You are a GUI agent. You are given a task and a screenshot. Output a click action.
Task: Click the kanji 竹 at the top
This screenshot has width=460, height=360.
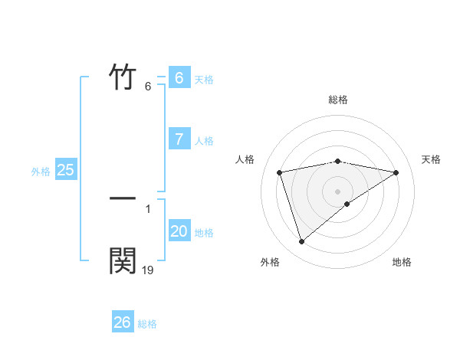(x=123, y=77)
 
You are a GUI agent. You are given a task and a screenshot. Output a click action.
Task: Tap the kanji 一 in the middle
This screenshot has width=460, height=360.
(x=123, y=198)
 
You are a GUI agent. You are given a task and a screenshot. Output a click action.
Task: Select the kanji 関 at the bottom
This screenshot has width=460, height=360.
(x=123, y=260)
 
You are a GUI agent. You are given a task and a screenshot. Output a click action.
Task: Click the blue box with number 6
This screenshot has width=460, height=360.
(x=179, y=78)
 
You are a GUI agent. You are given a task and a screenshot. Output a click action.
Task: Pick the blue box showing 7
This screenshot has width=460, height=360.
(x=179, y=139)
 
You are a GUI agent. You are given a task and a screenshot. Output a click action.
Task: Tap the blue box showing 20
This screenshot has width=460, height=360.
(x=179, y=231)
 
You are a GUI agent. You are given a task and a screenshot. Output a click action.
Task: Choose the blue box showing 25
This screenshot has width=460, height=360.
(x=65, y=170)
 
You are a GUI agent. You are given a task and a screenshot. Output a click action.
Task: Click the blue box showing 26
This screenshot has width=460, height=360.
(x=122, y=322)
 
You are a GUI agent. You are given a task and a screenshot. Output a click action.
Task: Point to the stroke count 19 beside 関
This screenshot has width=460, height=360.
(x=148, y=270)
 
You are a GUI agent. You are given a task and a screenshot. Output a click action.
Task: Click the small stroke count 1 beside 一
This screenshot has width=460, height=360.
(x=148, y=208)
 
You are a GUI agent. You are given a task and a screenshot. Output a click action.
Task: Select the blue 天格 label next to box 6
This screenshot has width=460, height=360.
(x=204, y=80)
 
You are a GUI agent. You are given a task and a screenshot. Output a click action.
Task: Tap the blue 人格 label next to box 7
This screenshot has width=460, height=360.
(x=204, y=141)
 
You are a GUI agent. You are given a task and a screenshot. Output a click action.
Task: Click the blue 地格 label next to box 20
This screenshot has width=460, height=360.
(x=204, y=233)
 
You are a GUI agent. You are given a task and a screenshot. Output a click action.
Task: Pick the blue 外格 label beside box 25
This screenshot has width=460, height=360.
(x=41, y=172)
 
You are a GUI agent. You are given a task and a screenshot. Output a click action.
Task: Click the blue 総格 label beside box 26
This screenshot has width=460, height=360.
(x=147, y=324)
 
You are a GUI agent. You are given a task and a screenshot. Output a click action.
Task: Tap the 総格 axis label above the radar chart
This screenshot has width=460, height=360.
(x=338, y=100)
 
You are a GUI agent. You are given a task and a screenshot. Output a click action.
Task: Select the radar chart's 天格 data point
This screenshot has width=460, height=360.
(x=396, y=172)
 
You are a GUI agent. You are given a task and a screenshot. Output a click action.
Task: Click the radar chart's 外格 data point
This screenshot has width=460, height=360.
(x=301, y=242)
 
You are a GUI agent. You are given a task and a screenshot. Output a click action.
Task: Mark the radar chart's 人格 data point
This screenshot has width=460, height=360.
(x=280, y=172)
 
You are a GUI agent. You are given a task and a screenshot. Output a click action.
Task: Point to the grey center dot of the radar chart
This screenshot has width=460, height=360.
(x=338, y=191)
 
